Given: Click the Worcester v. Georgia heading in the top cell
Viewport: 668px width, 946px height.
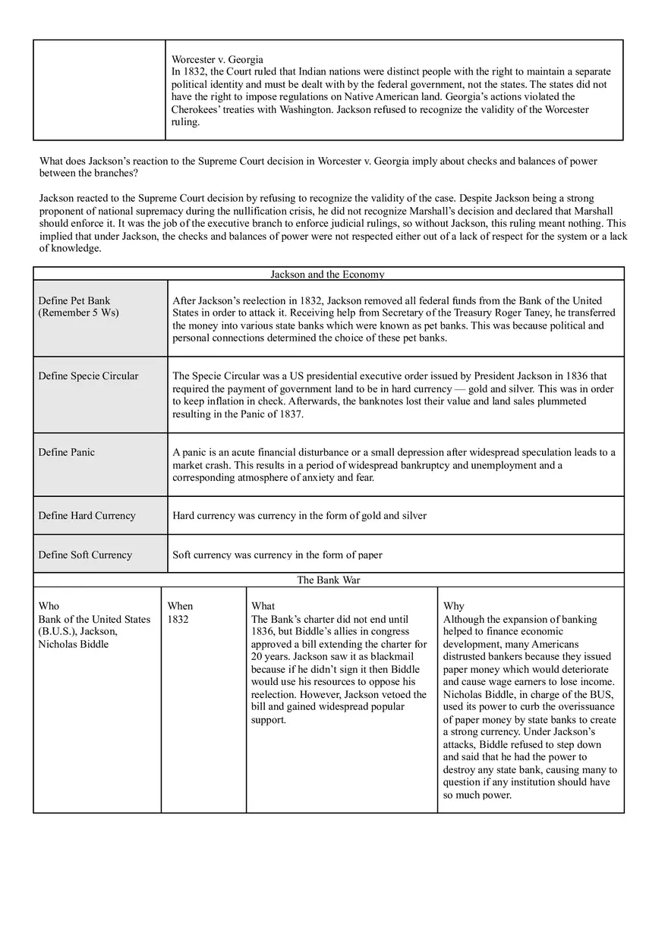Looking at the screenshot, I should [217, 59].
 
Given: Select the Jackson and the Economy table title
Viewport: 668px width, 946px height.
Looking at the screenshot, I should [327, 275].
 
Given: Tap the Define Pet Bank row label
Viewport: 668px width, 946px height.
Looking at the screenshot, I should [74, 301].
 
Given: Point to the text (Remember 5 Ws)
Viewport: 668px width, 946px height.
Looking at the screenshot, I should [78, 313].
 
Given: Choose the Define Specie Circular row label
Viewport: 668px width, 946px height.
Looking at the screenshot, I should [88, 376].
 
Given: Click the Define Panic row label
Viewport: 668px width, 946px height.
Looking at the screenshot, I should [67, 452].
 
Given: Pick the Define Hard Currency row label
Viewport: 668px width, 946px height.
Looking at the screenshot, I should [87, 516].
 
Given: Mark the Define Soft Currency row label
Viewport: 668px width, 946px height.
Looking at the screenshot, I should [85, 555].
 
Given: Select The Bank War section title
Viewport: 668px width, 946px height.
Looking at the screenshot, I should [328, 580].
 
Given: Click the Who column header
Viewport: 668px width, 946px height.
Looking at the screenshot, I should [49, 606].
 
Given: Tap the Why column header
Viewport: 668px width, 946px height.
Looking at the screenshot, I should [454, 606].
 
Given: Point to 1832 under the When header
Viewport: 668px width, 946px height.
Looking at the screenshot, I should [178, 619].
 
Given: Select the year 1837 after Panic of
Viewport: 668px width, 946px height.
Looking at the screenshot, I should [291, 414].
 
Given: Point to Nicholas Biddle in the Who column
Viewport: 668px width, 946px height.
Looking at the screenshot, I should [74, 644].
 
